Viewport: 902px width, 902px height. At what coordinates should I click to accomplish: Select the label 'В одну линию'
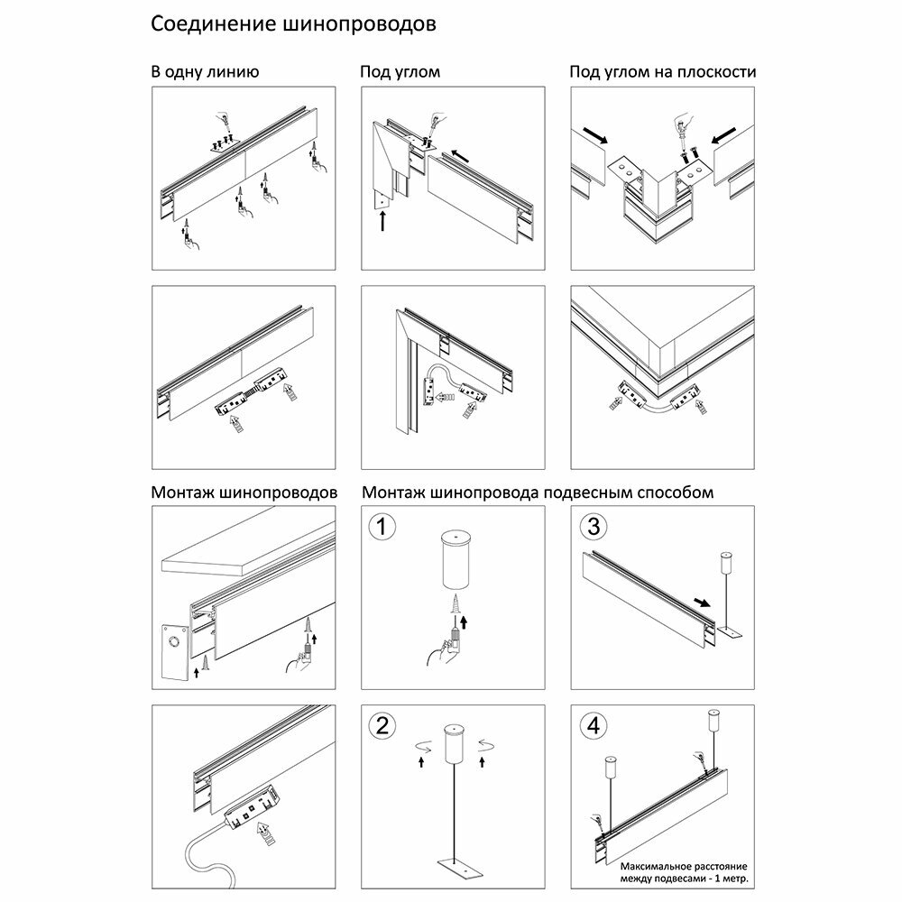tap(206, 72)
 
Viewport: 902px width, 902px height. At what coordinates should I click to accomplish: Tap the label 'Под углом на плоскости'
tap(662, 72)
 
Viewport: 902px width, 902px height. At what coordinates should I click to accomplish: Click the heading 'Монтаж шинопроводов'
tap(244, 493)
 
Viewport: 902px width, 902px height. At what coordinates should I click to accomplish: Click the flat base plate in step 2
tap(455, 865)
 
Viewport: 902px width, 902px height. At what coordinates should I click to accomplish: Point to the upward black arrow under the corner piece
tap(383, 217)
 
